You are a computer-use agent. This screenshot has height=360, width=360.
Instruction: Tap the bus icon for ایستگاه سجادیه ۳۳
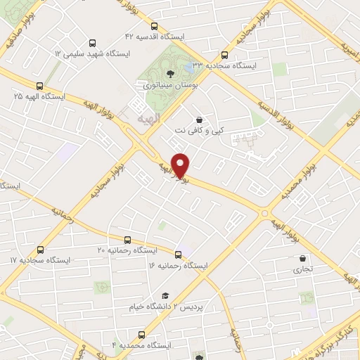pyautogui.click(x=225, y=54)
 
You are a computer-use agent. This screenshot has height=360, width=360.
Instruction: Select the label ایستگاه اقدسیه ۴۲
pyautogui.click(x=154, y=35)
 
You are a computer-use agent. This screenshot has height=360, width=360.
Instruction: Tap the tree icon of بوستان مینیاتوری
pyautogui.click(x=169, y=73)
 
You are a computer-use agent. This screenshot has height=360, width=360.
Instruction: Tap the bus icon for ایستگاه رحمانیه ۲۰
pyautogui.click(x=127, y=239)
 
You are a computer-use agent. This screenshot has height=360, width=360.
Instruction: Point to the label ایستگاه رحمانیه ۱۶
pyautogui.click(x=178, y=266)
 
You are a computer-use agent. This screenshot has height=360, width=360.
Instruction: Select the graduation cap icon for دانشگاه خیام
pyautogui.click(x=166, y=295)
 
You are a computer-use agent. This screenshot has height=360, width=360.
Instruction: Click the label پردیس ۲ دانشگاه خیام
pyautogui.click(x=161, y=307)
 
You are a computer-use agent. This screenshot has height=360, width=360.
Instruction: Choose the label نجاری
pyautogui.click(x=303, y=269)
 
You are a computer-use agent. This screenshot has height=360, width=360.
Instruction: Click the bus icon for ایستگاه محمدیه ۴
pyautogui.click(x=141, y=334)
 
